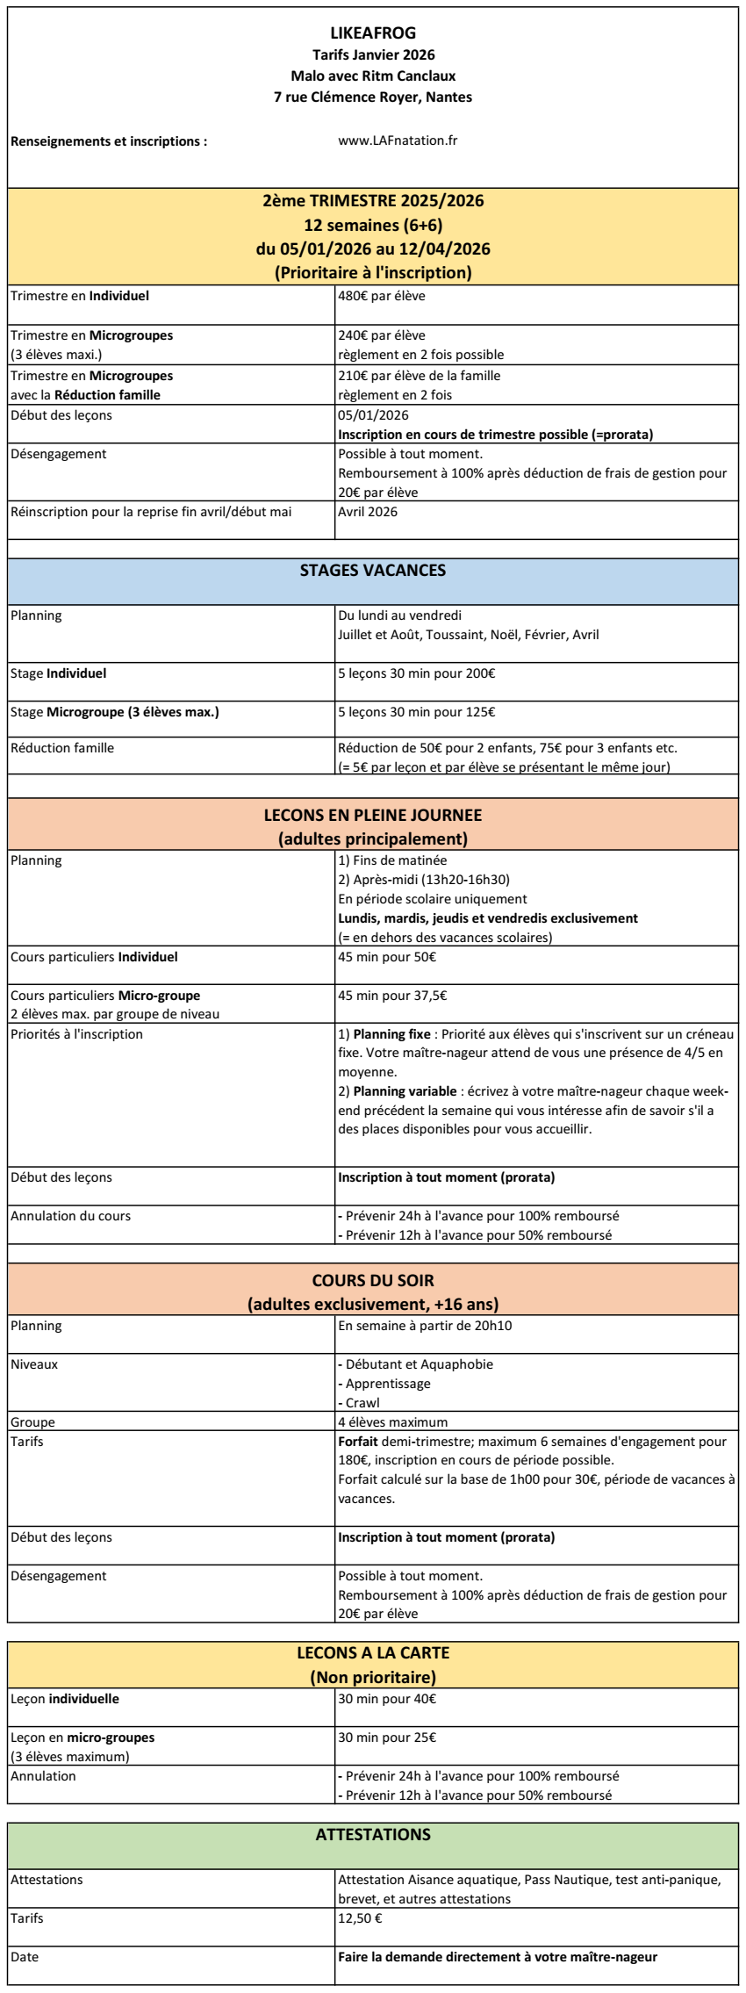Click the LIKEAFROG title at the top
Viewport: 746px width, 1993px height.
click(373, 34)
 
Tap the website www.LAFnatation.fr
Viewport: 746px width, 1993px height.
click(398, 140)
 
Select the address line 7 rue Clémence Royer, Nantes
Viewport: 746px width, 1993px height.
click(373, 97)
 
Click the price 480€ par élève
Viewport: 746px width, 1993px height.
click(382, 296)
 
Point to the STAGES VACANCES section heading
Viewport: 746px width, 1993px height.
click(373, 571)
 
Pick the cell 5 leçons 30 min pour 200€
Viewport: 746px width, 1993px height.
click(416, 673)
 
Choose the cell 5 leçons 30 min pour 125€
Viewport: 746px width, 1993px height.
click(416, 712)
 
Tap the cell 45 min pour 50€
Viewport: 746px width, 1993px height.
click(387, 957)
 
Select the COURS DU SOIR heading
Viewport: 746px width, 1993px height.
click(373, 1281)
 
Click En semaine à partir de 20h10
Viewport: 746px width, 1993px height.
click(425, 1326)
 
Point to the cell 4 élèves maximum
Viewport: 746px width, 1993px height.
click(392, 1422)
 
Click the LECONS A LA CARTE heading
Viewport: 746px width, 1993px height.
click(373, 1653)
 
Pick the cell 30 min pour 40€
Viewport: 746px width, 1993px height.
click(387, 1699)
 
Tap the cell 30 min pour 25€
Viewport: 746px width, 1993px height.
click(387, 1738)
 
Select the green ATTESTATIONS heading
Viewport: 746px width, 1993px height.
click(373, 1835)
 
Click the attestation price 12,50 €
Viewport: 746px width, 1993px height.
click(360, 1918)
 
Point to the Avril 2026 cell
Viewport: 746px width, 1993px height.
click(368, 512)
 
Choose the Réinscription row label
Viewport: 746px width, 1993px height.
click(151, 512)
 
